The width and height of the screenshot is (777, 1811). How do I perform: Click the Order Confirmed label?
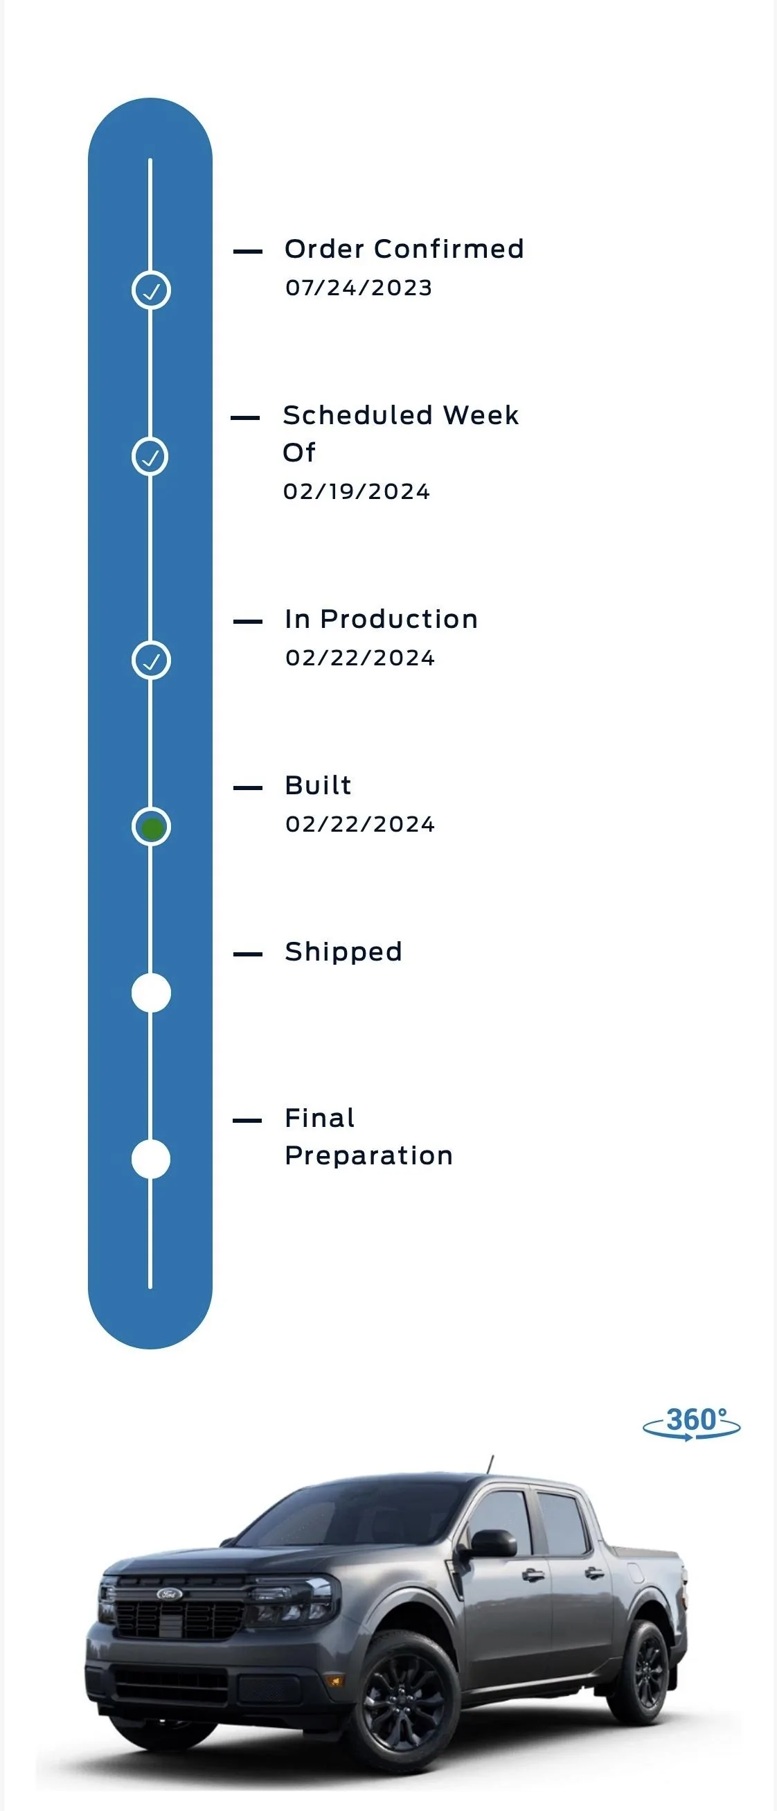404,249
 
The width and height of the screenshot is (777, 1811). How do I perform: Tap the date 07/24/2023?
358,288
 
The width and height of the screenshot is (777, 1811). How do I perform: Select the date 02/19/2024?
356,491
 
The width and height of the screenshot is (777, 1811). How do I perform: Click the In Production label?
382,620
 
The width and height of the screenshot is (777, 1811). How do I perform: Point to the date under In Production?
359,658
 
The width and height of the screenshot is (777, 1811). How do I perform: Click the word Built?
319,785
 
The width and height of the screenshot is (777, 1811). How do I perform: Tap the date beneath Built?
359,824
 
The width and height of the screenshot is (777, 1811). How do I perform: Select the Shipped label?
343,952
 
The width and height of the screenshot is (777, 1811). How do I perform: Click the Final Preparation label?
369,1137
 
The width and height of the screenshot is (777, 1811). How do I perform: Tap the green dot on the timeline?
152,828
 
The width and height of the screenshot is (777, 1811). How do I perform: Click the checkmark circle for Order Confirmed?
151,290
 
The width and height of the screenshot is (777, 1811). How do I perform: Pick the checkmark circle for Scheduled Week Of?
150,457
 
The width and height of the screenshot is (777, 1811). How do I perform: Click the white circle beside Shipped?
151,993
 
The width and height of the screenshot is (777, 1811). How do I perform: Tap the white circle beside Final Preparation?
151,1160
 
